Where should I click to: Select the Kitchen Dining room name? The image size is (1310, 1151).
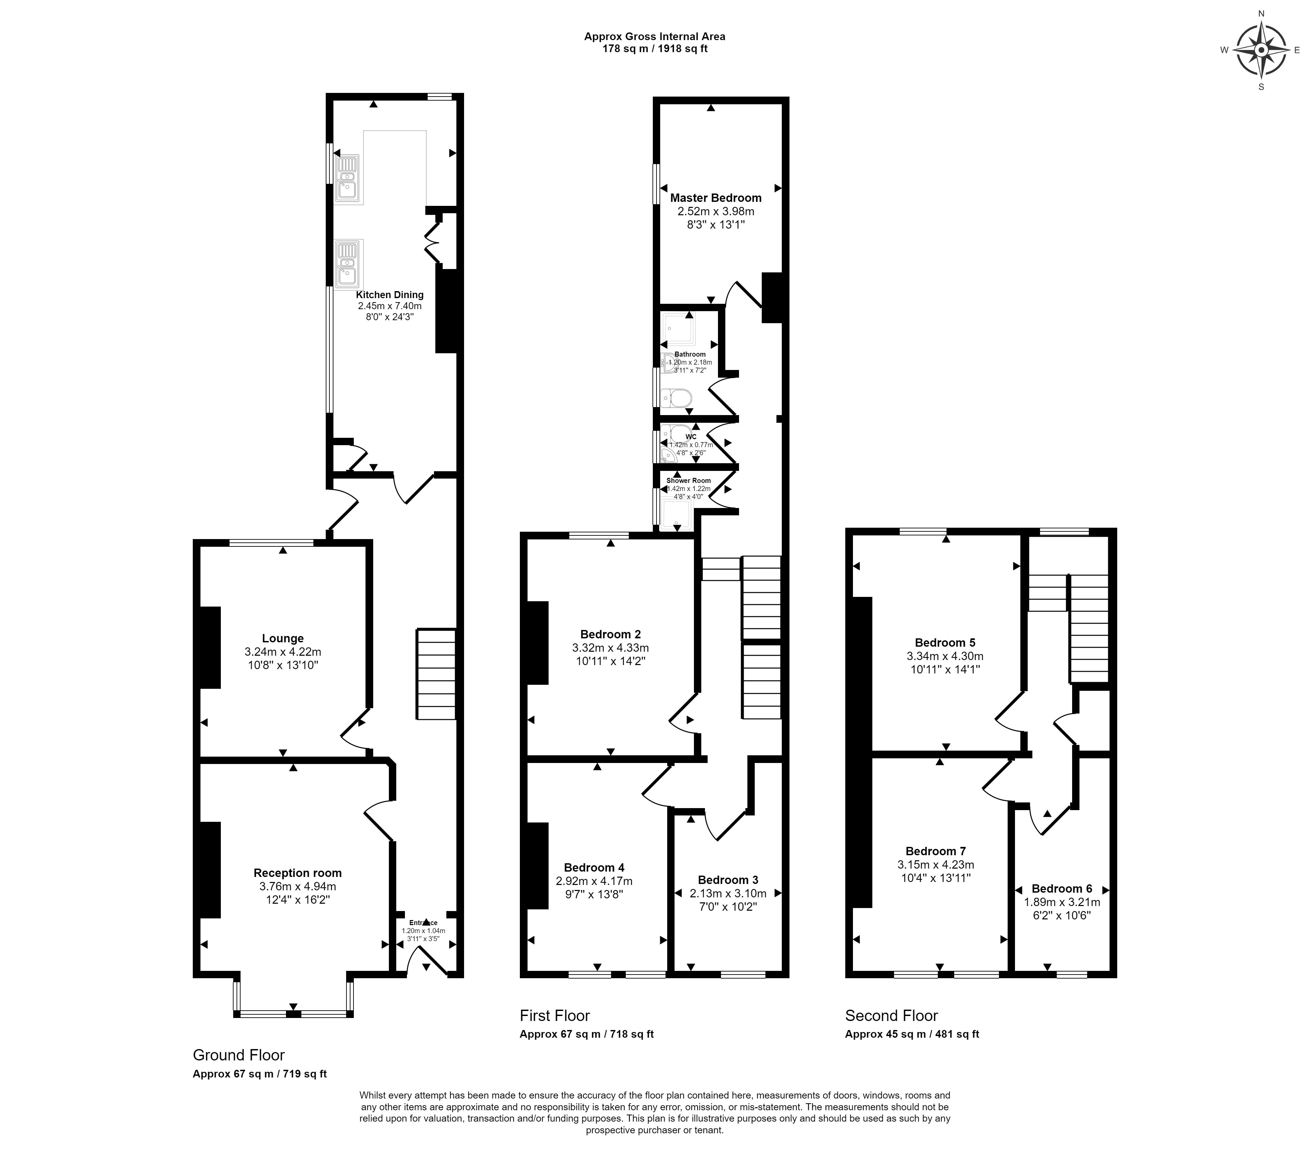(390, 295)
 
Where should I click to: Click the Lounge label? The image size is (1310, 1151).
(283, 638)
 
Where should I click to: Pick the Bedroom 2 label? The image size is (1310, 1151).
(610, 635)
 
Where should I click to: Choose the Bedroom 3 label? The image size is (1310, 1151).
(728, 880)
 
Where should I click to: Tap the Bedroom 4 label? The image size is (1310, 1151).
(594, 868)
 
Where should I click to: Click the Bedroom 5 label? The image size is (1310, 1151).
(945, 643)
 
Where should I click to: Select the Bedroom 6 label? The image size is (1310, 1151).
(1062, 889)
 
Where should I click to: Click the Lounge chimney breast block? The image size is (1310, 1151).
(211, 648)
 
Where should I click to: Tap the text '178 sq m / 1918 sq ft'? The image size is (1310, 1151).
(654, 49)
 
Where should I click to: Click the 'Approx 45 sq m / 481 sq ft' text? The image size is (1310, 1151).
(912, 1034)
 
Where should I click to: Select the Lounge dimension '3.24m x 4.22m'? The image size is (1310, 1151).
(283, 651)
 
